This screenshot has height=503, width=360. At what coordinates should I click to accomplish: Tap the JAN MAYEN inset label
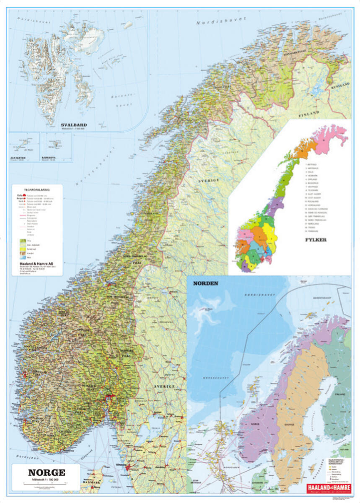(x=18, y=158)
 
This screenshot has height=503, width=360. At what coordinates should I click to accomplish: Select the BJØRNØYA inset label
(x=49, y=158)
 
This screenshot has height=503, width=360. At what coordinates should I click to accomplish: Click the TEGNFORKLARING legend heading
(x=37, y=189)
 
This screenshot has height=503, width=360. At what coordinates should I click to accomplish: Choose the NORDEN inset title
(x=205, y=283)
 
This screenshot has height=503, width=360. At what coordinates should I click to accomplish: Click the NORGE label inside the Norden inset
(x=255, y=424)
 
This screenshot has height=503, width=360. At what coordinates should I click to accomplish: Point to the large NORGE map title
(x=45, y=472)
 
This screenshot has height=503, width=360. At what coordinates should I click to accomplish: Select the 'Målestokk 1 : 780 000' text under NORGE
(x=45, y=479)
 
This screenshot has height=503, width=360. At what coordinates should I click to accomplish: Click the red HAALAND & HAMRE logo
(x=328, y=488)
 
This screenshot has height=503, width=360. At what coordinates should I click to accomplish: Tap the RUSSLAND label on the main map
(x=340, y=86)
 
